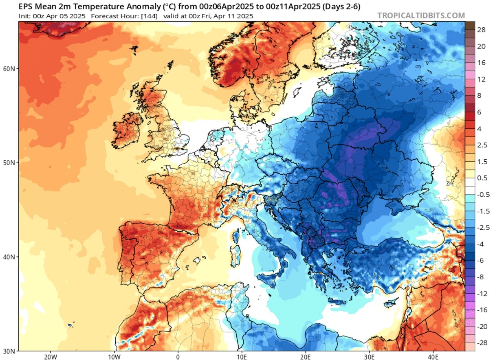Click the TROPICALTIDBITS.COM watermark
click(421, 15)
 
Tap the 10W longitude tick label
click(114, 356)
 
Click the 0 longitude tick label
click(178, 356)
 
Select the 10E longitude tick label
click(242, 356)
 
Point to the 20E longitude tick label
click(306, 356)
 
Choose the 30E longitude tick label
click(369, 356)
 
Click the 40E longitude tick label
click(433, 356)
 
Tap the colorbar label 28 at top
click(481, 30)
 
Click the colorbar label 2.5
click(481, 145)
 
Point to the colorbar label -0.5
click(482, 195)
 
